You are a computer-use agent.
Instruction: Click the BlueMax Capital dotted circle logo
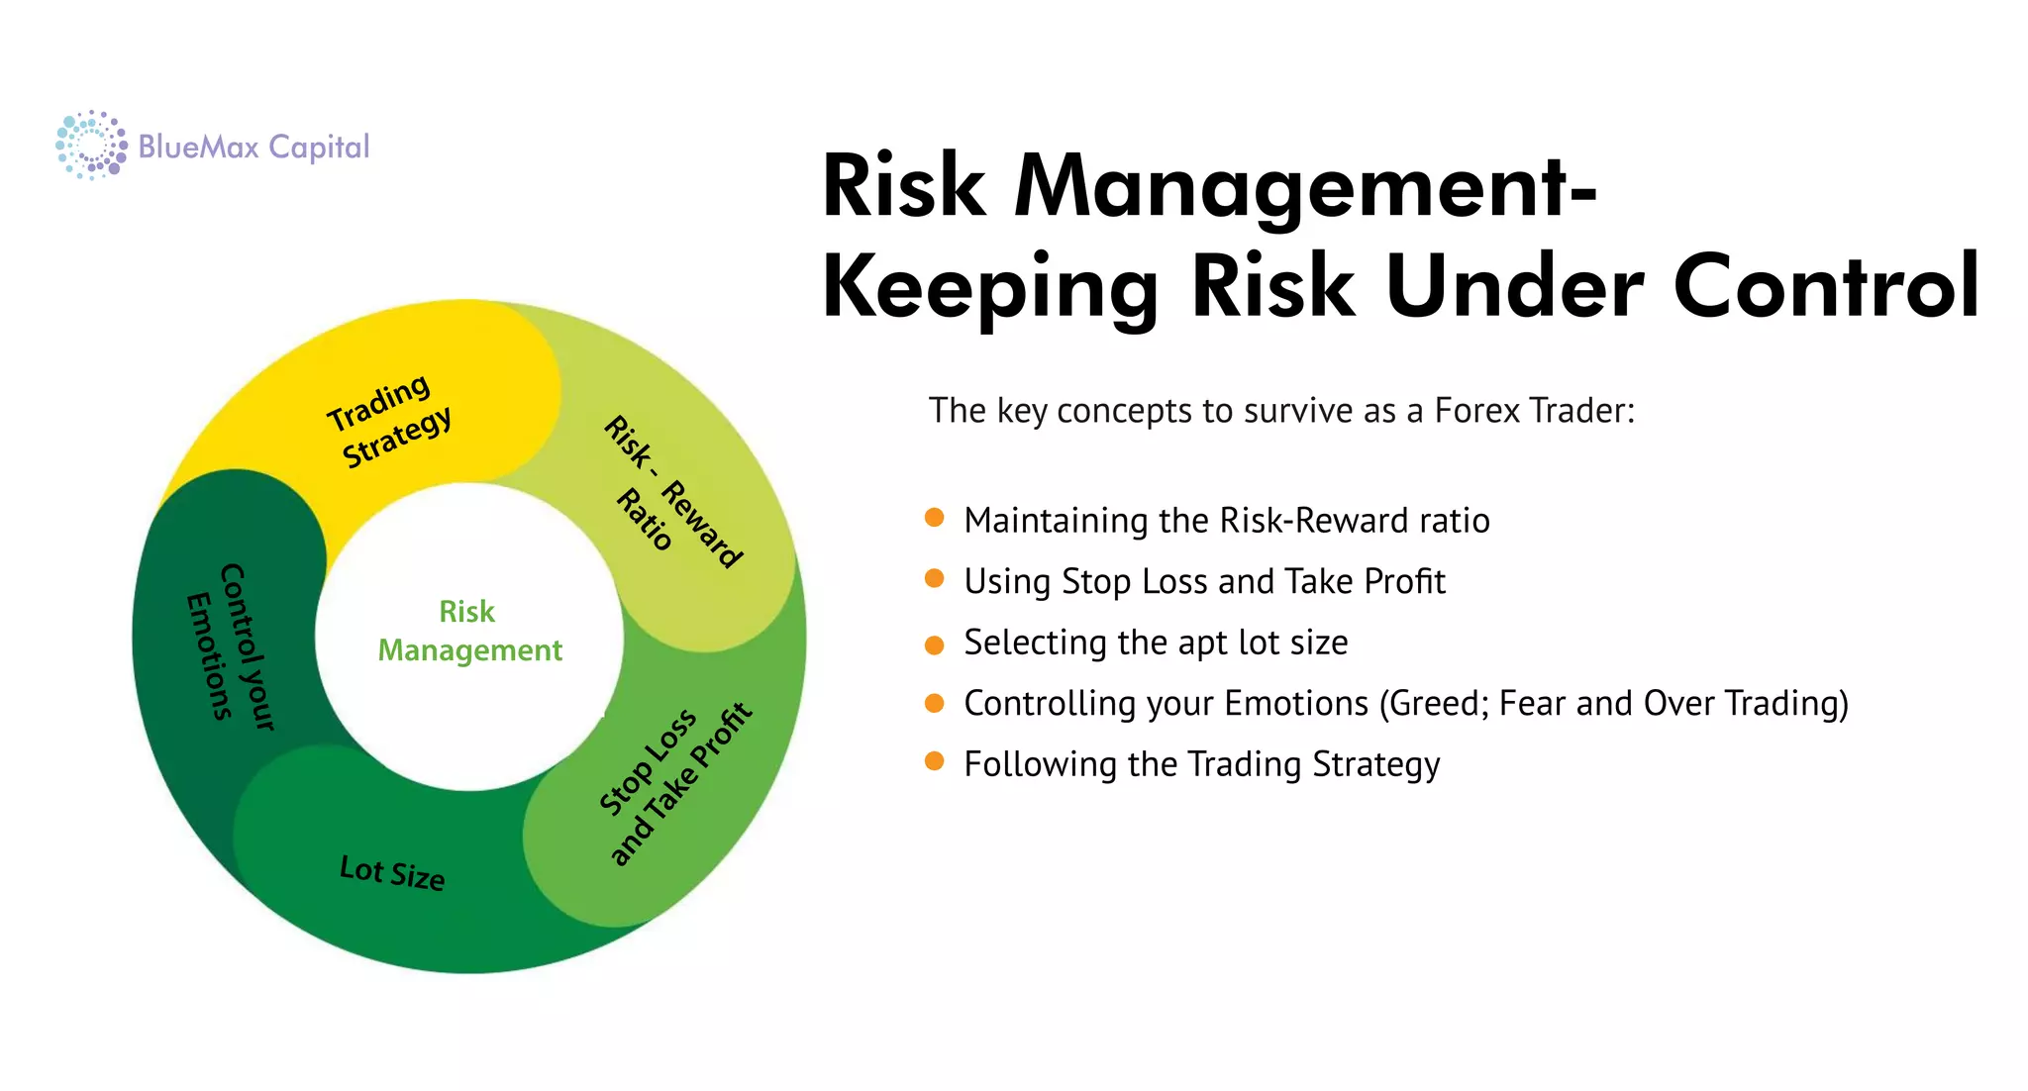(x=91, y=146)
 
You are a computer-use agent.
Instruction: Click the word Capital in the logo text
(x=319, y=148)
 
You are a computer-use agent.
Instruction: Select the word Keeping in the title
(x=989, y=287)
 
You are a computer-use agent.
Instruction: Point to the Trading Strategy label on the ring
(x=389, y=421)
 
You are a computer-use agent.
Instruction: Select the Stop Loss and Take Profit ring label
(x=675, y=784)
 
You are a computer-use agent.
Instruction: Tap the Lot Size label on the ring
(x=392, y=872)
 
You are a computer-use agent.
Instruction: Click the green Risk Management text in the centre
(x=469, y=631)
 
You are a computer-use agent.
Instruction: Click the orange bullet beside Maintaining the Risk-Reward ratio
(x=934, y=518)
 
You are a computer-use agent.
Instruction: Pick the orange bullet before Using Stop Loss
(x=934, y=579)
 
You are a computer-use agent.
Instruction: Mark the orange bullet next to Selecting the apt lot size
(x=934, y=645)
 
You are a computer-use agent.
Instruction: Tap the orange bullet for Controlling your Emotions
(x=934, y=704)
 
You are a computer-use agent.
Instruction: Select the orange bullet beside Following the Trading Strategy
(x=934, y=761)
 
